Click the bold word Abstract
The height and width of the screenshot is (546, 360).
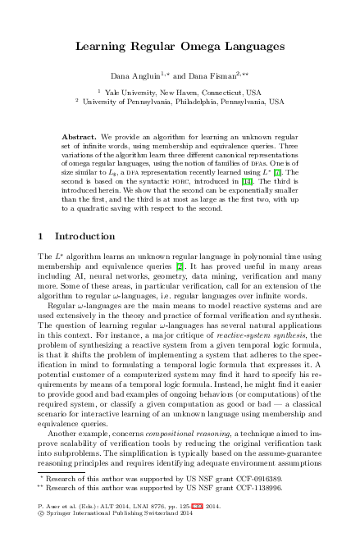click(x=80, y=134)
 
